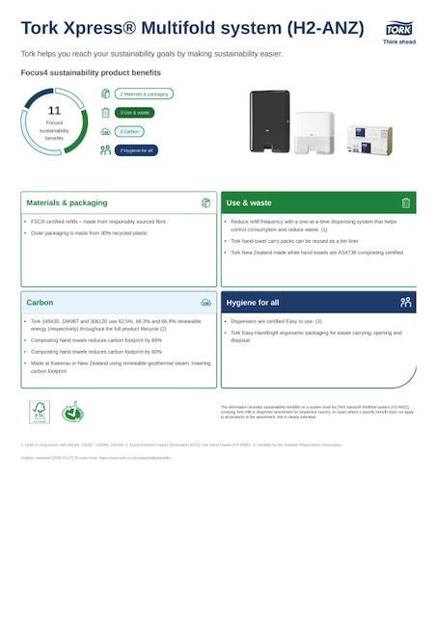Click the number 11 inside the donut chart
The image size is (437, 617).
point(54,111)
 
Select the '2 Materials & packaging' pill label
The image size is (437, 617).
point(145,94)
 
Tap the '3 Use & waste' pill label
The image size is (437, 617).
point(135,113)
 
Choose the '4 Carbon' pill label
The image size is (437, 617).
point(130,131)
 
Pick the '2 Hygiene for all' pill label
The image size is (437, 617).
point(136,150)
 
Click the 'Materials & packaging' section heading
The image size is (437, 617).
point(67,203)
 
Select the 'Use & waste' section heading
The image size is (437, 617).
point(249,203)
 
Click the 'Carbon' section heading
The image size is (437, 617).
point(40,303)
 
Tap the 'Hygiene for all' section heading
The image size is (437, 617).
point(253,303)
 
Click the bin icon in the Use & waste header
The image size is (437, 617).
point(406,203)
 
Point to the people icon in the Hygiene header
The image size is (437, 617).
point(406,303)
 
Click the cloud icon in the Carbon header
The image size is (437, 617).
point(205,303)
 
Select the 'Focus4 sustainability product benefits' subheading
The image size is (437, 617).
point(91,72)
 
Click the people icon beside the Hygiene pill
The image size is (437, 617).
point(105,150)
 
